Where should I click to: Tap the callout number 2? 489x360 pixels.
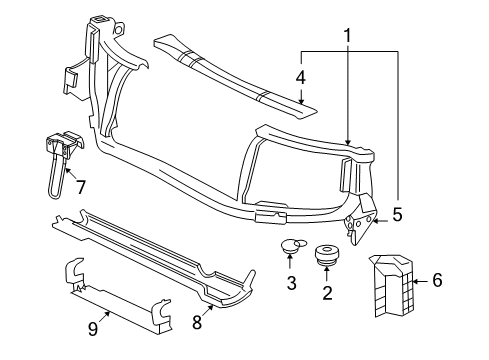tap(326, 294)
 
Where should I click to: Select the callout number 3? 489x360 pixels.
tap(290, 283)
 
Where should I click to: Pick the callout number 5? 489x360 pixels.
tap(397, 213)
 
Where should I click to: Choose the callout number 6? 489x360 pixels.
tap(436, 281)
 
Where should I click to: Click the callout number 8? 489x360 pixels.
tap(195, 322)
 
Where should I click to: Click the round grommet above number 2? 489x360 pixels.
tap(326, 255)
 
